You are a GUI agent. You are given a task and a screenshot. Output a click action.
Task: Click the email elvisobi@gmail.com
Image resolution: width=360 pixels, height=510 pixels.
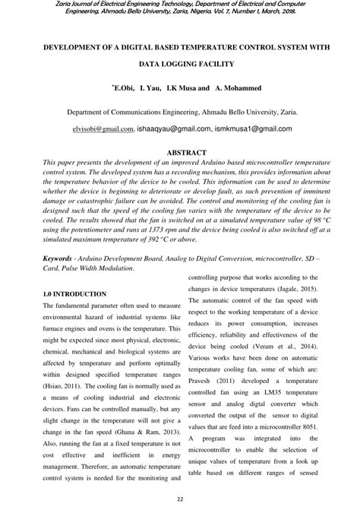103,129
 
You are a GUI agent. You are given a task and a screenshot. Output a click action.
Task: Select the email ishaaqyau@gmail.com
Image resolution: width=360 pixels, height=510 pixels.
173,129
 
